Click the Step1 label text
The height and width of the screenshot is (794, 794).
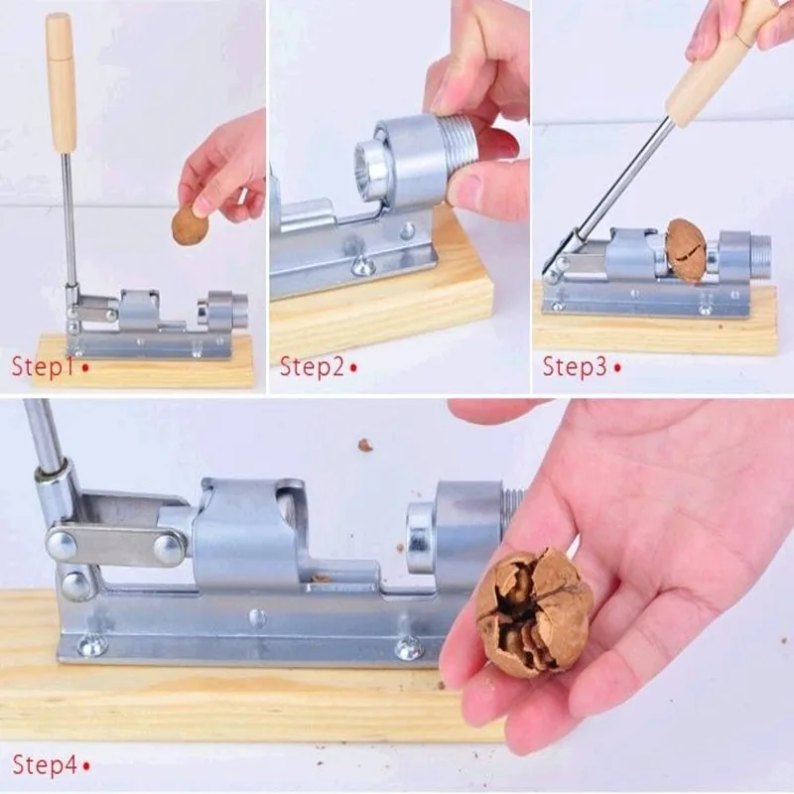pos(43,366)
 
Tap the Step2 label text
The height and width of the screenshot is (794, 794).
pos(312,366)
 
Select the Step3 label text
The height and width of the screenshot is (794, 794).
pos(575,366)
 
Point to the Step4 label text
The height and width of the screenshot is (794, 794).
pos(45,764)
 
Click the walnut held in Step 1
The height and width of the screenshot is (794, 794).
pos(191,225)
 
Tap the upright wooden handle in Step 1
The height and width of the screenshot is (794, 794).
pos(62,82)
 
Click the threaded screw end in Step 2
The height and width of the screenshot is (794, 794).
pos(458,140)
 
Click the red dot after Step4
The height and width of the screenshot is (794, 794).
pos(86,766)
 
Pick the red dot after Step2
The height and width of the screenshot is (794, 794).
pos(353,367)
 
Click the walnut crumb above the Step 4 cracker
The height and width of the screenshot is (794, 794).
pos(365,445)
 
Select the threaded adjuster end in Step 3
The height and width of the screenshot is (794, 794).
pos(759,250)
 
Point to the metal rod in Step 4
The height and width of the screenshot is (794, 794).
pos(46,436)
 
